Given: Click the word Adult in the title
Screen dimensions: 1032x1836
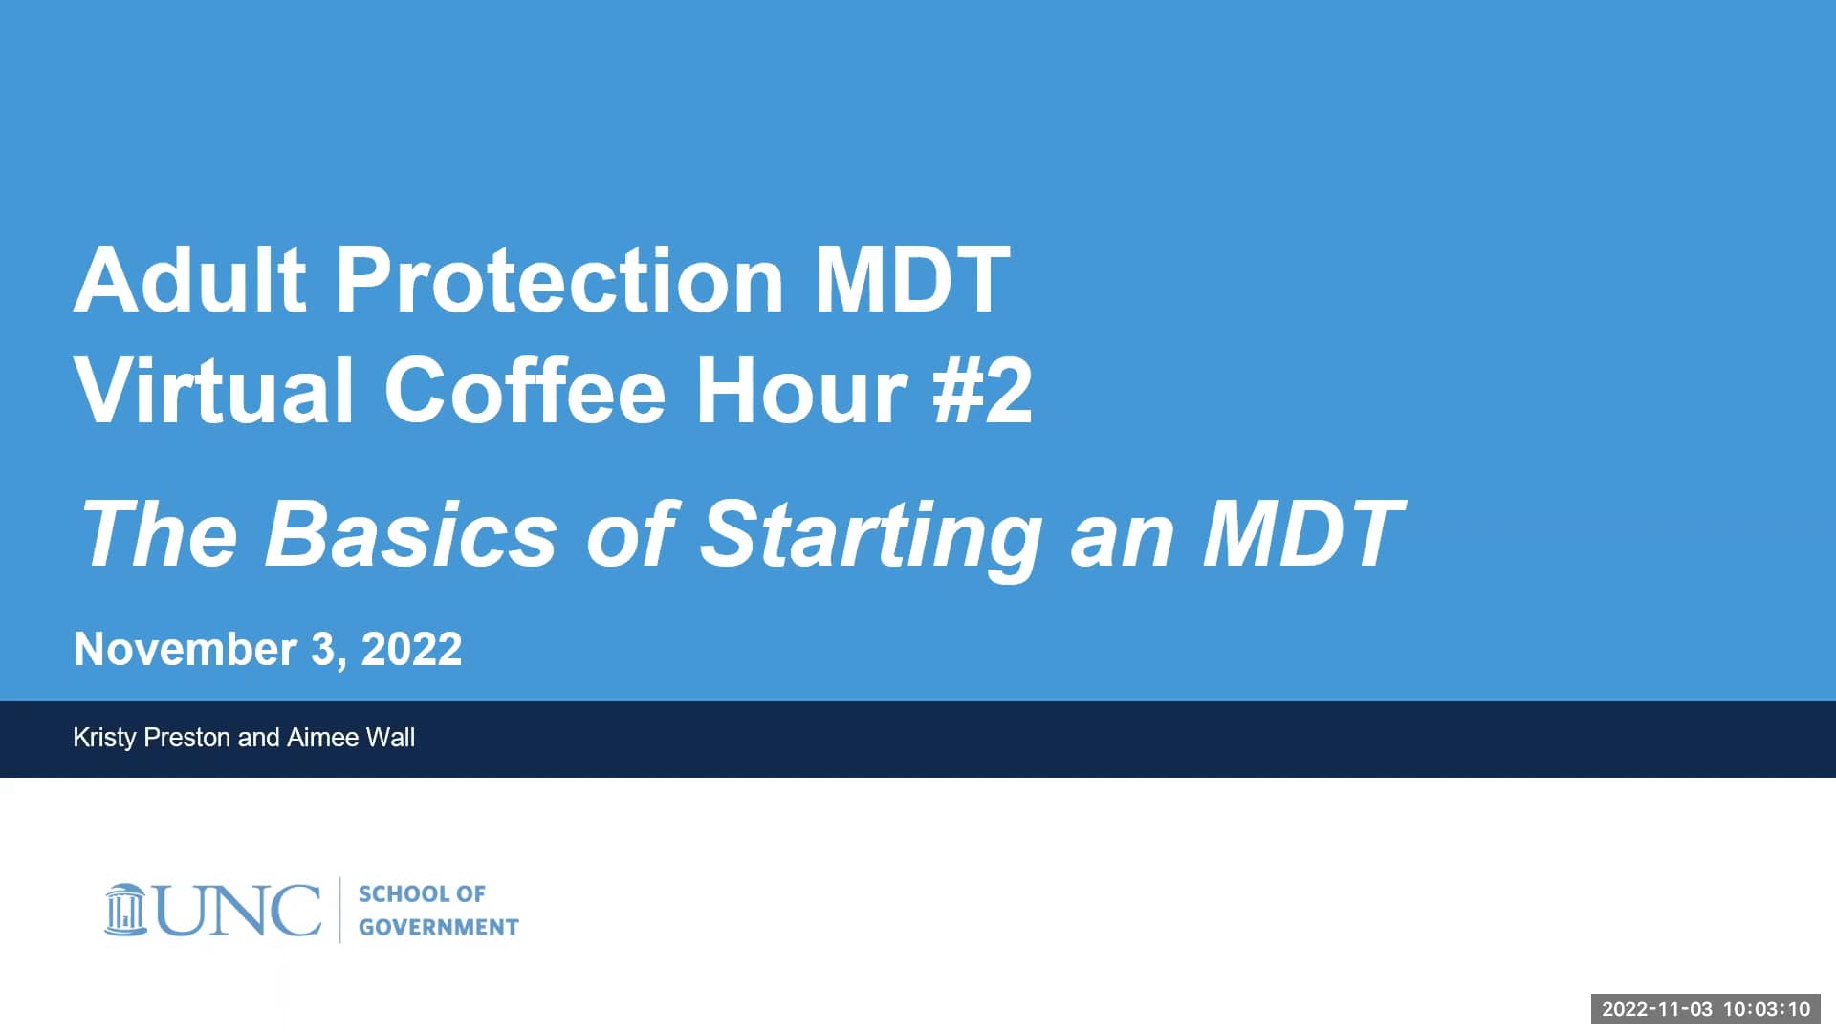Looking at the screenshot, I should [x=189, y=280].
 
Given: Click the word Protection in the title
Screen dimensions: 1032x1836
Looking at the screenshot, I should [x=559, y=280].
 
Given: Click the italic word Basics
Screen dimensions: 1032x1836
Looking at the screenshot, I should [x=411, y=533].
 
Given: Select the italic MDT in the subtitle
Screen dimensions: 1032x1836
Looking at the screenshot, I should [x=1302, y=533].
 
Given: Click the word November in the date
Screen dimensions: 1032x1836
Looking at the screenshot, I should [x=185, y=650].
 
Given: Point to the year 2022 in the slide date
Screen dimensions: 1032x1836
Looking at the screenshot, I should [x=411, y=650].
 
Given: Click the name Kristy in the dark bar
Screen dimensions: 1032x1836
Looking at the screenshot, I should [x=104, y=738].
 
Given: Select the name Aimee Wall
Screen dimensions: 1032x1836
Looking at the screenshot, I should [x=350, y=738].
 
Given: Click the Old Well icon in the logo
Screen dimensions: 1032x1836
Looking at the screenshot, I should [x=125, y=910].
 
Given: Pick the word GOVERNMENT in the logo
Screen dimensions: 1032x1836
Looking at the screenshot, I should [x=438, y=927].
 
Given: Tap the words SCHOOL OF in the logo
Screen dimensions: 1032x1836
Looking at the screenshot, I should [x=422, y=893].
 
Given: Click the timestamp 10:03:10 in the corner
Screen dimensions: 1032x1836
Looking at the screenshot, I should [x=1766, y=1009].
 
